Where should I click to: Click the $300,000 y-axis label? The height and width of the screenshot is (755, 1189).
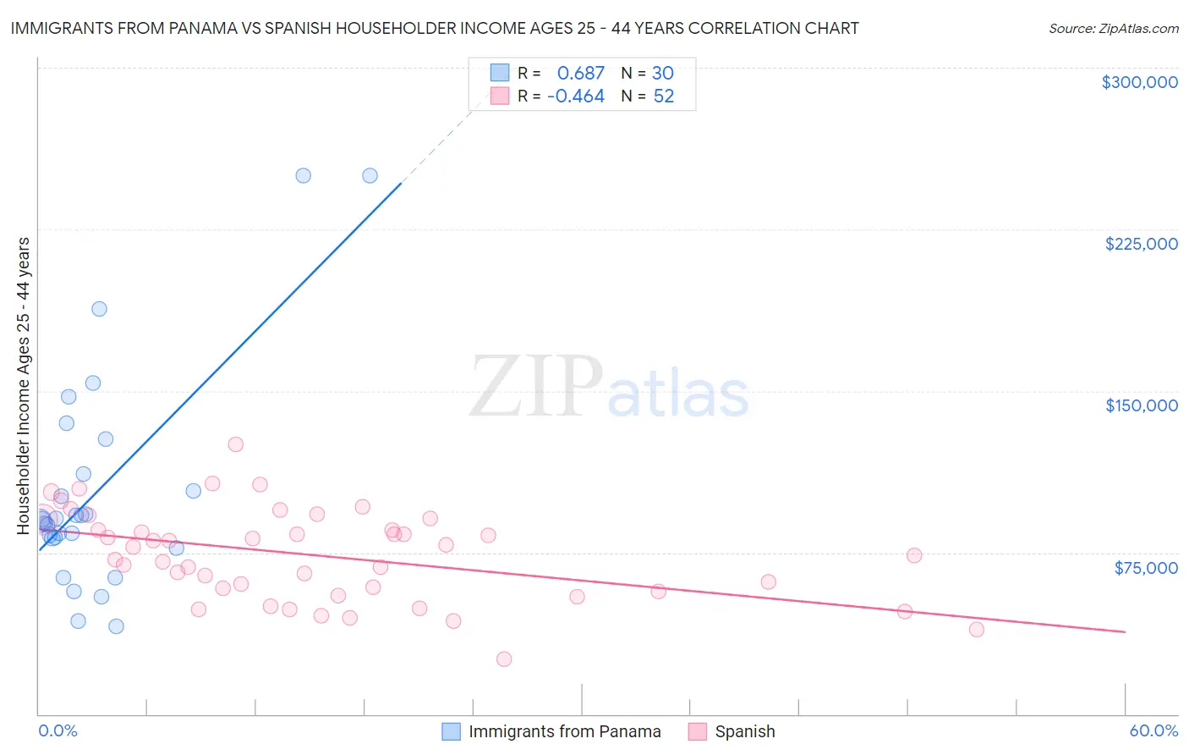click(x=1139, y=82)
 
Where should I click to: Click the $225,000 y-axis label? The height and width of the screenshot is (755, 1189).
click(x=1141, y=244)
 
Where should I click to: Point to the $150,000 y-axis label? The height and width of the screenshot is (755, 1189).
click(x=1141, y=405)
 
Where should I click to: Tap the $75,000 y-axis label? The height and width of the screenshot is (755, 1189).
click(x=1146, y=568)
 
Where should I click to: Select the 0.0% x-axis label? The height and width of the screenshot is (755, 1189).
click(x=58, y=731)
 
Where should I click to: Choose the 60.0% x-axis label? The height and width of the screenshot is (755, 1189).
click(x=1153, y=731)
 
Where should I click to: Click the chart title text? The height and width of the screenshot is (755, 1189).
click(x=434, y=28)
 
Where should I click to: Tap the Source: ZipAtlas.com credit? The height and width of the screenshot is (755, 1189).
click(x=1113, y=28)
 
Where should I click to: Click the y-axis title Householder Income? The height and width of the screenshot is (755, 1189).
click(x=23, y=386)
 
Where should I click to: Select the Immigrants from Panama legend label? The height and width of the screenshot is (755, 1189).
click(x=564, y=731)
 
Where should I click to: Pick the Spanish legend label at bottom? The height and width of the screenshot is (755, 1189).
click(x=744, y=731)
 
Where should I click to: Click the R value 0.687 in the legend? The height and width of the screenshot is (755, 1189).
click(x=581, y=74)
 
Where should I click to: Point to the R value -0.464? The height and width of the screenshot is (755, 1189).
click(x=576, y=96)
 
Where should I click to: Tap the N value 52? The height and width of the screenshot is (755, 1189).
click(x=664, y=96)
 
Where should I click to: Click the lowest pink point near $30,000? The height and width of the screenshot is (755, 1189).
click(x=504, y=659)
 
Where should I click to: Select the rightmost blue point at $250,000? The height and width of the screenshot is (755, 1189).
click(x=370, y=176)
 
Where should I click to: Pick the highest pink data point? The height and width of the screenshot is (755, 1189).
click(x=236, y=444)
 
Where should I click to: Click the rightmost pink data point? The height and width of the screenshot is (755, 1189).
click(x=977, y=629)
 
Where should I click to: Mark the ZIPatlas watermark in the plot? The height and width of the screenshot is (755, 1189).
click(x=609, y=388)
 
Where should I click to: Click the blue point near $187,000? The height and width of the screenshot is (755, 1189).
click(x=99, y=309)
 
